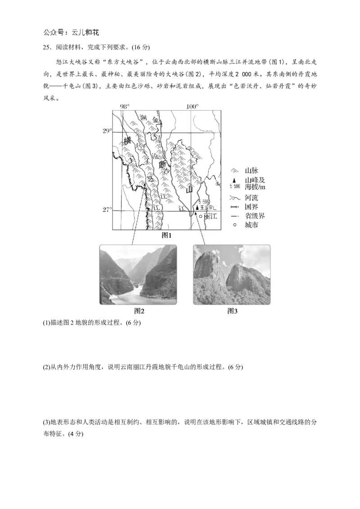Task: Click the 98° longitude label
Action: click(x=125, y=106)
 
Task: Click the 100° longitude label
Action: click(x=192, y=106)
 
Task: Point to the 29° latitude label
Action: click(x=106, y=131)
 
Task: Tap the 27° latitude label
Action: click(x=106, y=210)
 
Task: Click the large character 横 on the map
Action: click(x=127, y=141)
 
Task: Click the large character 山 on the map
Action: click(x=190, y=189)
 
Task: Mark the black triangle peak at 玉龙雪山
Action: click(x=197, y=208)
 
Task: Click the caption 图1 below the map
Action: click(x=167, y=235)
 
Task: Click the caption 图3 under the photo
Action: click(x=232, y=311)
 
